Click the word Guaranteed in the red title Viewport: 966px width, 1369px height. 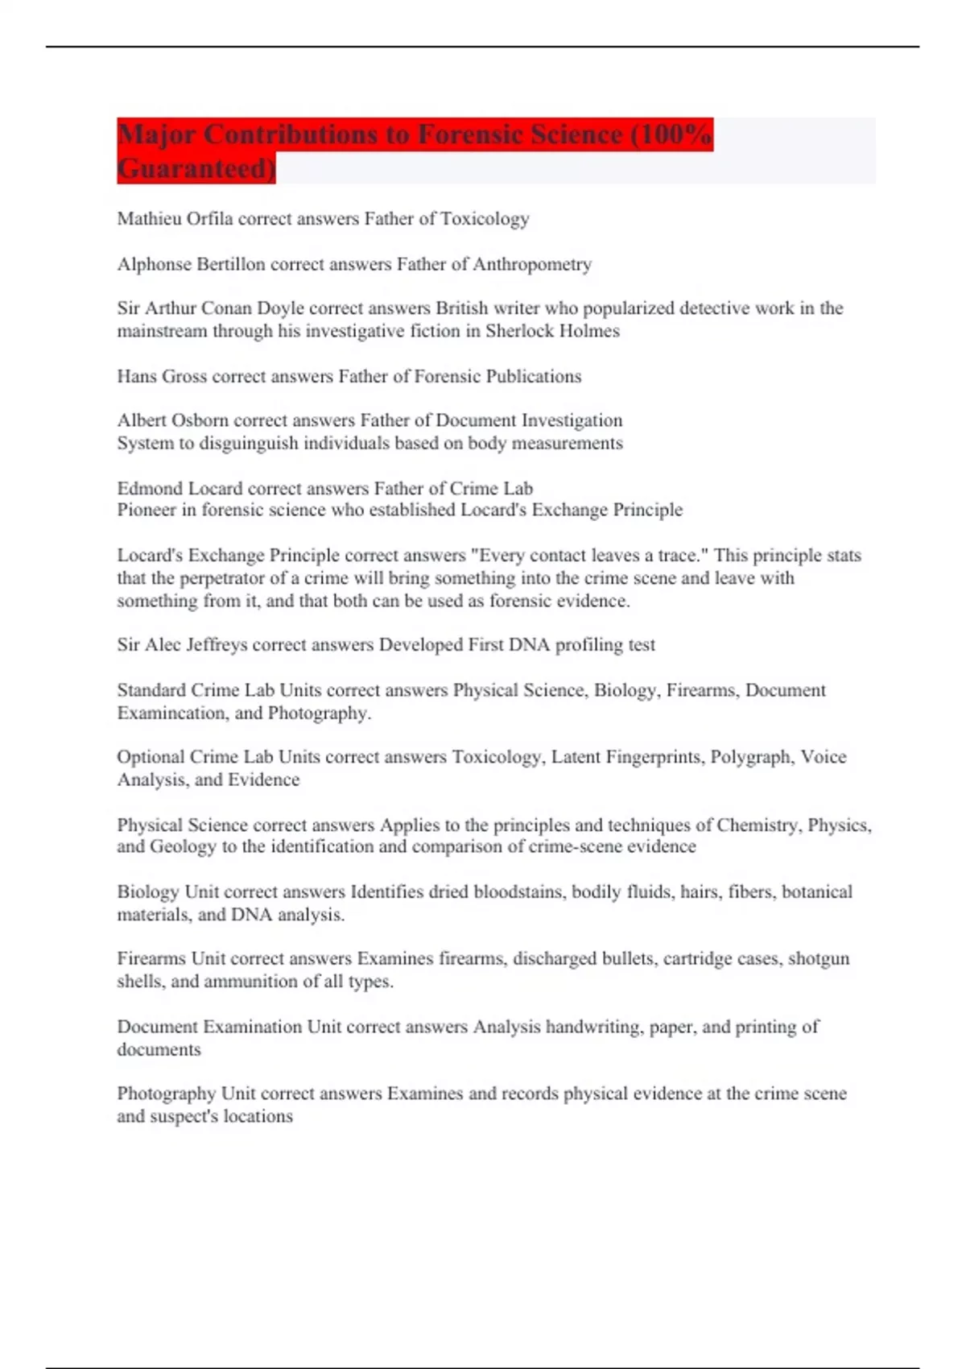tap(195, 168)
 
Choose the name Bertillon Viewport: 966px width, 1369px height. tap(227, 264)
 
